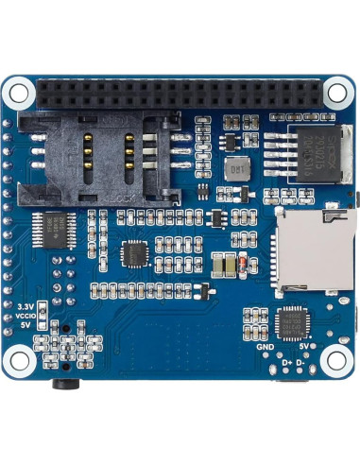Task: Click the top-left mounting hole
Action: [x=19, y=93]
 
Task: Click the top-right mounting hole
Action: [x=336, y=93]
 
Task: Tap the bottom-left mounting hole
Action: [x=19, y=361]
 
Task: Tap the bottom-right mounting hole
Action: [x=335, y=361]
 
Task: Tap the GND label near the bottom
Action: [x=266, y=346]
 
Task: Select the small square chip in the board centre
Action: [x=136, y=253]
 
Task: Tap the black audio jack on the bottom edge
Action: [x=65, y=382]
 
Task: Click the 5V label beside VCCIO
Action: [x=26, y=326]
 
